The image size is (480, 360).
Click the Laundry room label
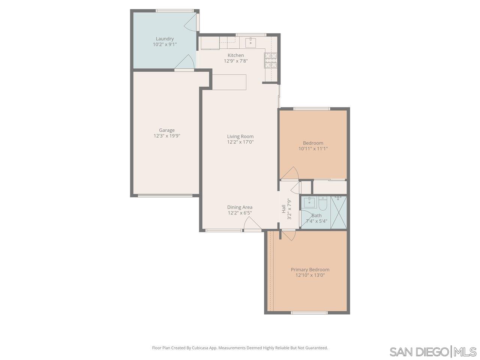click(x=165, y=39)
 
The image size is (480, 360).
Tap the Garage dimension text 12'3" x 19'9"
click(x=166, y=136)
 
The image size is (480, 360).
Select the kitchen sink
click(x=250, y=42)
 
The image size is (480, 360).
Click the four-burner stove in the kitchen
click(x=271, y=60)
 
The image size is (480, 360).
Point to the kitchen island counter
click(x=229, y=82)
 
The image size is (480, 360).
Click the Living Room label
click(x=240, y=136)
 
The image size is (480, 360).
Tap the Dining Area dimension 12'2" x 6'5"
click(x=240, y=213)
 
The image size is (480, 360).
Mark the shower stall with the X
click(x=339, y=212)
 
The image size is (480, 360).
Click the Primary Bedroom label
click(x=310, y=270)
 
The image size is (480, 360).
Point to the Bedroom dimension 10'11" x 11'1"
click(x=313, y=148)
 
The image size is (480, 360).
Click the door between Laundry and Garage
click(x=184, y=63)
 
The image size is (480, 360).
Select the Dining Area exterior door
click(x=252, y=225)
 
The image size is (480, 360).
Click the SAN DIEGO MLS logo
click(x=433, y=352)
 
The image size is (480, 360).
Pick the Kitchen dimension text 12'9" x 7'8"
click(x=236, y=61)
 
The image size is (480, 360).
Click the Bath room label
click(x=316, y=216)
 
